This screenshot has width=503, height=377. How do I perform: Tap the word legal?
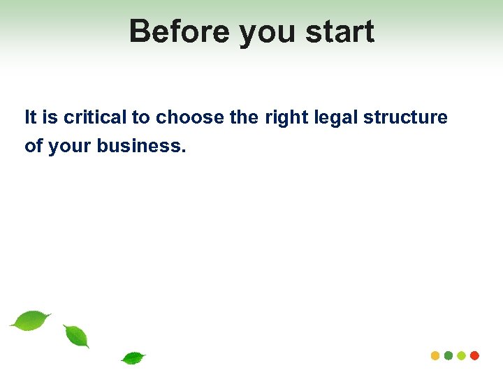(332, 118)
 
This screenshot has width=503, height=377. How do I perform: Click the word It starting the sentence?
(30, 117)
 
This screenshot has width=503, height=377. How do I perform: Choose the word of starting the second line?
(32, 146)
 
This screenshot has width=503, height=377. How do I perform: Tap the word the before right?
(244, 117)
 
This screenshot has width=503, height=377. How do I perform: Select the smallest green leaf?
(133, 358)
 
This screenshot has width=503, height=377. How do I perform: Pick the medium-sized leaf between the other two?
(76, 336)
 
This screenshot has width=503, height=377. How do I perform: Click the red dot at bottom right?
(475, 355)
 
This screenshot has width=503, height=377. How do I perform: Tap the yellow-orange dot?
(435, 355)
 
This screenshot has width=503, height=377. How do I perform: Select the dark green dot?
(449, 355)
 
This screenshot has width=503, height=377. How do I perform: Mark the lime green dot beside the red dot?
(462, 355)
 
